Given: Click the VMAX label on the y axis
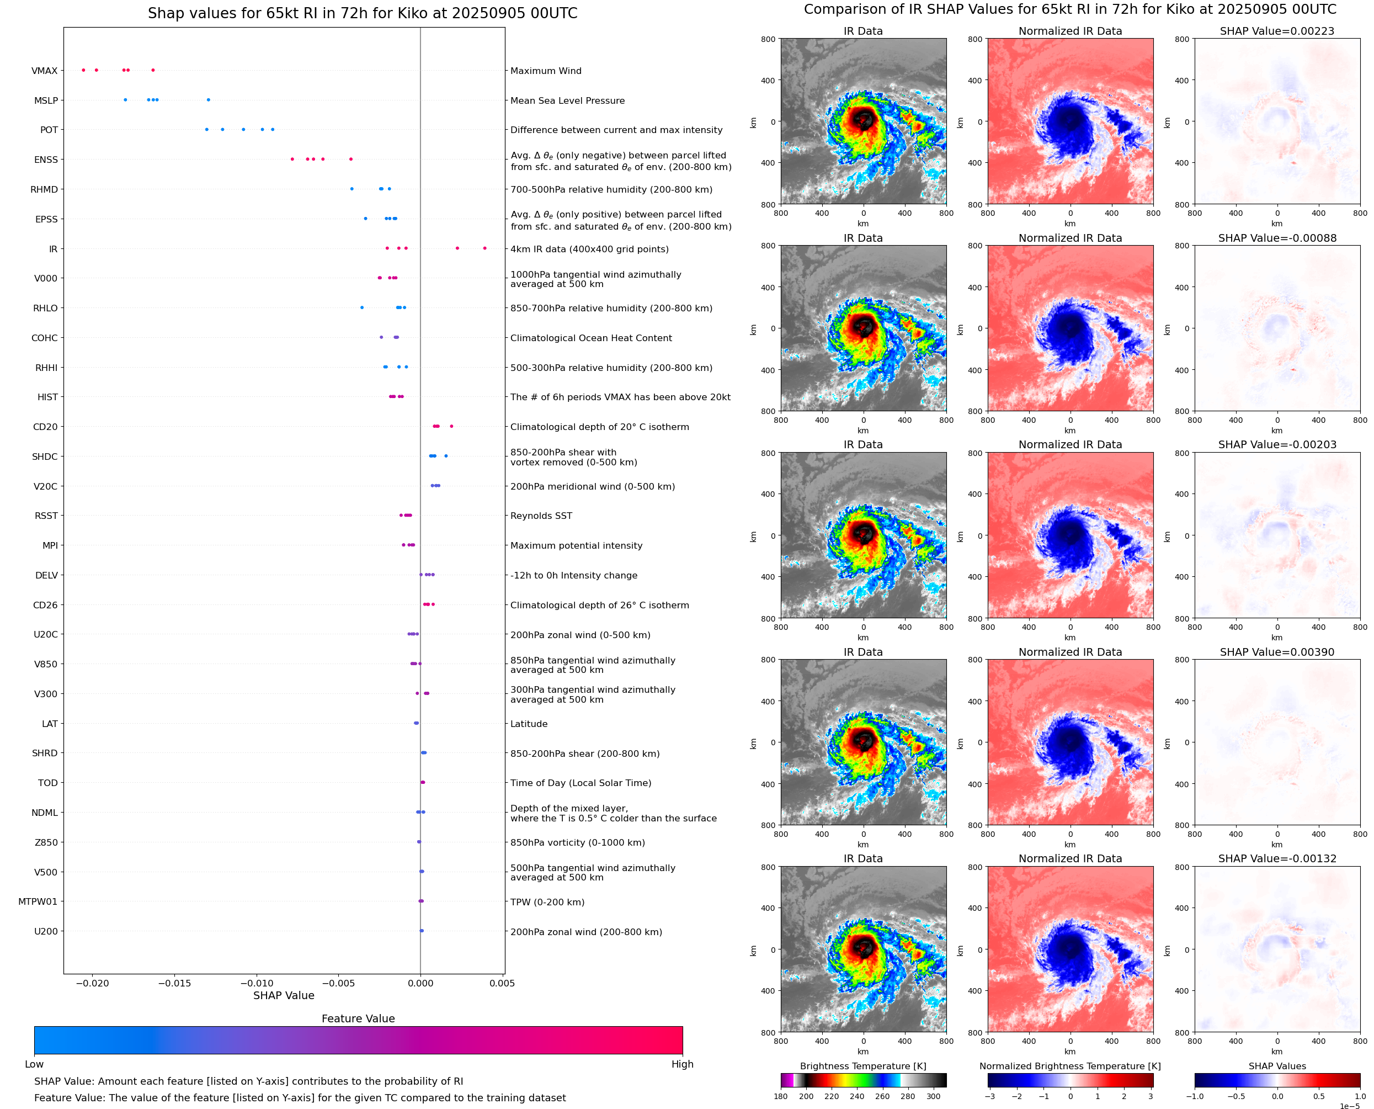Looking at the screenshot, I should pos(44,71).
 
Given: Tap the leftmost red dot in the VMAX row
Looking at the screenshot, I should pos(84,70).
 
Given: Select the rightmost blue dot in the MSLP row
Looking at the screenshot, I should pos(208,100).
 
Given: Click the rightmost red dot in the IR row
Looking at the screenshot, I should pos(484,248).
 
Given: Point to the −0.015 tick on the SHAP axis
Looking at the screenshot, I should pos(174,983).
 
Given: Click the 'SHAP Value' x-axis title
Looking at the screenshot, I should pos(284,995).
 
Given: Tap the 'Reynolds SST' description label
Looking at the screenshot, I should pos(541,516).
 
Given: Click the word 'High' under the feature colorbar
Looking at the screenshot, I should pos(682,1064).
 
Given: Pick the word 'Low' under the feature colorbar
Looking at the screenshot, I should pos(34,1064).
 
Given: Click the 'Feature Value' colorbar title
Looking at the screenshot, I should pos(358,1018).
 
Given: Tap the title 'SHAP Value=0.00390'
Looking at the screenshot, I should pos(1276,652).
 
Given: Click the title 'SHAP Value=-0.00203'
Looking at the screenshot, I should pos(1276,444).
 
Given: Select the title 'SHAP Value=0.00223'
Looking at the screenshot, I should pos(1276,31).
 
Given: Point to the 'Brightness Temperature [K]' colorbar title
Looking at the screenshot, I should pos(862,1066).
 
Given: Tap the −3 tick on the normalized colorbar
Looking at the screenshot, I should pos(989,1096).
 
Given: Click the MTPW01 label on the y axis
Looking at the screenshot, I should pos(38,902).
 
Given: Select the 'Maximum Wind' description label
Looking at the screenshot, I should pos(545,71).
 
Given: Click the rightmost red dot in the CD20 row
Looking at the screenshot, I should pos(451,426).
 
